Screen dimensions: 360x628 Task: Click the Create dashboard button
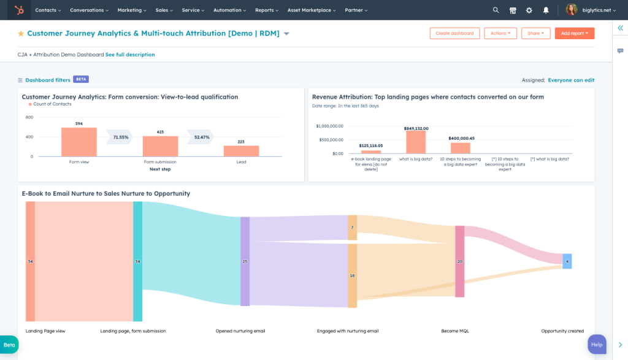[x=454, y=34]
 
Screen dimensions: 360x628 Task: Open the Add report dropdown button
[x=574, y=34]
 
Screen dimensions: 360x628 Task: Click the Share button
[x=535, y=34]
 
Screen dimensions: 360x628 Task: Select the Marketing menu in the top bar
[x=132, y=10]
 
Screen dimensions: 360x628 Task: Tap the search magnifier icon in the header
[x=496, y=10]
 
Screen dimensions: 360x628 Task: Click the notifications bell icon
[x=545, y=10]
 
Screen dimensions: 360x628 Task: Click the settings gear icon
[x=529, y=10]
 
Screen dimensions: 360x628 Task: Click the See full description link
[x=130, y=55]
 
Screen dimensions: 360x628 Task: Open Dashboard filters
[x=47, y=80]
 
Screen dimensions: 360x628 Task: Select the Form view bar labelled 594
[x=79, y=142]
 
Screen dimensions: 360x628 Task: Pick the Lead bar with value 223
[x=241, y=151]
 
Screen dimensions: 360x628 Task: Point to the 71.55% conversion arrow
[x=120, y=137]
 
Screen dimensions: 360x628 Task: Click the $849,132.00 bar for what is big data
[x=416, y=142]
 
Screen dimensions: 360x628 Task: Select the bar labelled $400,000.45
[x=461, y=148]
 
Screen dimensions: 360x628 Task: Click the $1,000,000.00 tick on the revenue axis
[x=330, y=126]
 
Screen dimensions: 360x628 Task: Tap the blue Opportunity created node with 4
[x=567, y=261]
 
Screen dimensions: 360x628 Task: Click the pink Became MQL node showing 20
[x=459, y=261]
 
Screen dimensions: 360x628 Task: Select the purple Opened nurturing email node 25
[x=245, y=261]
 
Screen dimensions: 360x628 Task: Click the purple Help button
[x=597, y=344]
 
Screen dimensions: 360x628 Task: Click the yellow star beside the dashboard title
[x=21, y=34]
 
